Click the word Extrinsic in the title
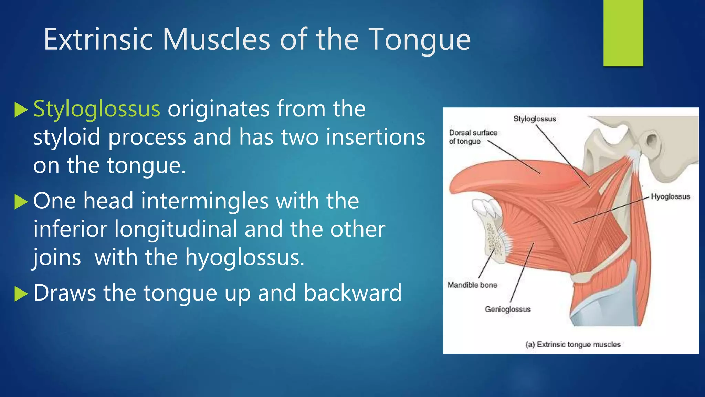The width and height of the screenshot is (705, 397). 98,40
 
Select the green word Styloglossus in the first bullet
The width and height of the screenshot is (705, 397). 97,109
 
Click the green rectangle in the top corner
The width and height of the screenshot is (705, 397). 623,33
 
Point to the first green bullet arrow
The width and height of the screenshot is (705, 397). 21,110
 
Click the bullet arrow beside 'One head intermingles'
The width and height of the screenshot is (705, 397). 21,202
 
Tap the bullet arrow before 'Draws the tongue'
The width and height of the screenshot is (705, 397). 21,294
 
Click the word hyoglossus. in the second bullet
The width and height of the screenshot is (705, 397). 245,258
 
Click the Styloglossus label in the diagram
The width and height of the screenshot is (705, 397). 535,119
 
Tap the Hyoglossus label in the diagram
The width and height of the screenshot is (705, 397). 670,196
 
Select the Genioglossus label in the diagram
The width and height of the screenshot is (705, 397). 508,309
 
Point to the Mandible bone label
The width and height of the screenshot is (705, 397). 472,285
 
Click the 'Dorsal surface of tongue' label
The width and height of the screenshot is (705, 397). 473,137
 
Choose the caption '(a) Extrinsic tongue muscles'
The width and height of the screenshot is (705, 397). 573,344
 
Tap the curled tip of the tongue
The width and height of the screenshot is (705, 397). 458,183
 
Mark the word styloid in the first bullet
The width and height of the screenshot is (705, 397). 67,137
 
